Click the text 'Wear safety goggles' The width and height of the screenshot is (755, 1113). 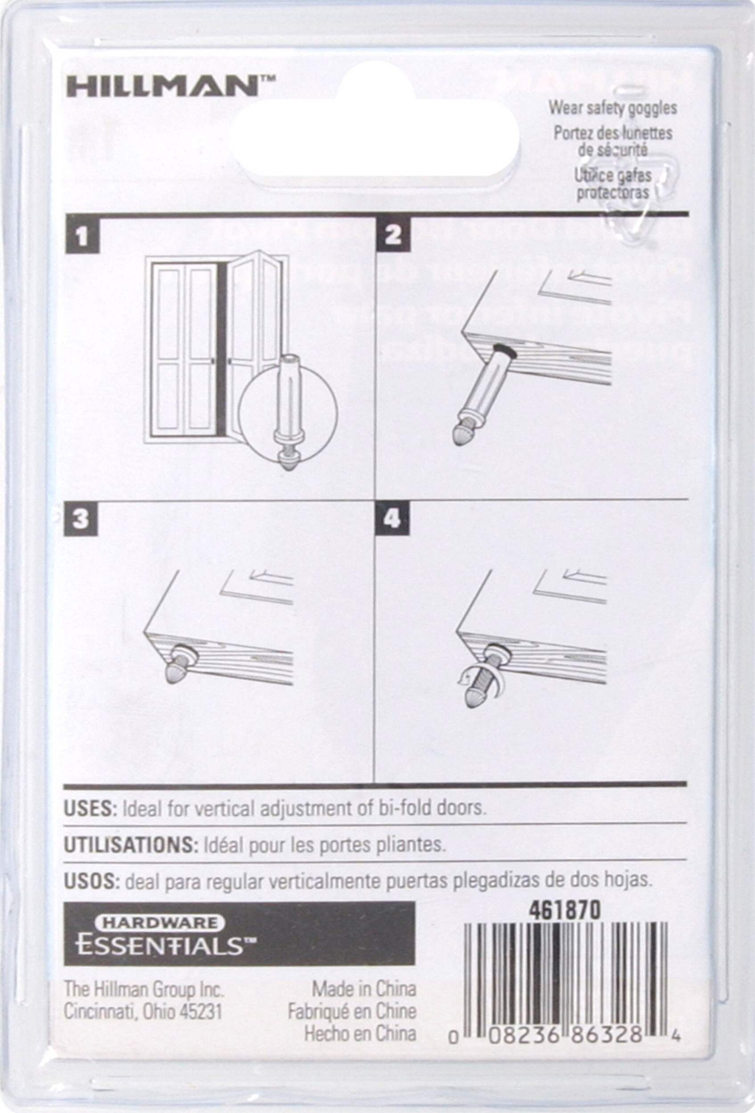point(613,108)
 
